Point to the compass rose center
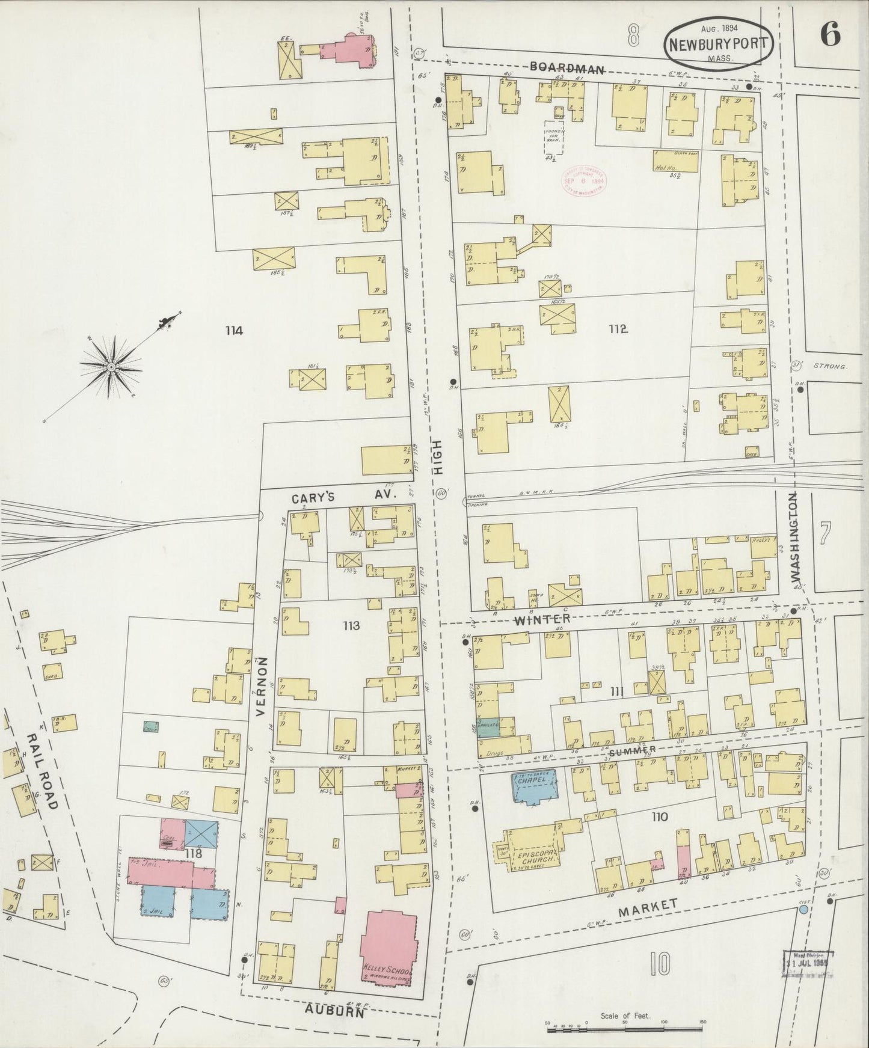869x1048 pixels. (x=111, y=366)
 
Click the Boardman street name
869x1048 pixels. (x=567, y=69)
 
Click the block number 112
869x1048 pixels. (x=618, y=329)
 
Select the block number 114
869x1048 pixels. (x=234, y=329)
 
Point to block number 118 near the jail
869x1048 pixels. (x=192, y=853)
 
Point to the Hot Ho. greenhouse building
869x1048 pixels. (x=675, y=162)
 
